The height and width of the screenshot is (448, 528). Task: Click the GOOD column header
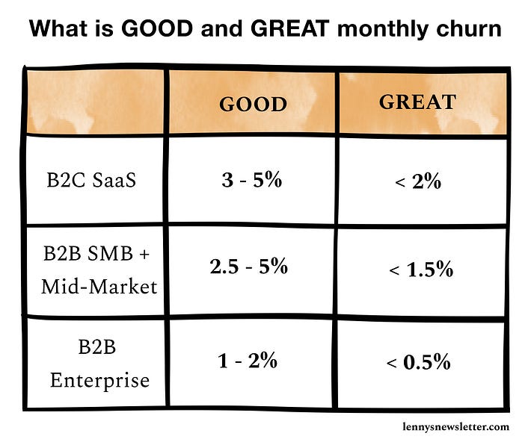pos(252,104)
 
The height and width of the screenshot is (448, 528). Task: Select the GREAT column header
pos(417,102)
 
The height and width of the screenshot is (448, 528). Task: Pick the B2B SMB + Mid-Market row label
pos(96,270)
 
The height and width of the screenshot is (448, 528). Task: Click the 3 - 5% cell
pos(251,180)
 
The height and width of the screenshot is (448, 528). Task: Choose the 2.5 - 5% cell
pos(249,267)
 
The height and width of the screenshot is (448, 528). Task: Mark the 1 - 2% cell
pos(248,361)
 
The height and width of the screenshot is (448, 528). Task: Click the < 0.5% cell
pos(418,363)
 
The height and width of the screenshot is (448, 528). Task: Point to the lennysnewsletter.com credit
pos(454,426)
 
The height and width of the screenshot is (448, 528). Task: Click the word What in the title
pos(58,31)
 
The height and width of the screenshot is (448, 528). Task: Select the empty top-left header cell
pos(94,102)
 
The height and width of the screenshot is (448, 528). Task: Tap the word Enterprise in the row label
pos(99,380)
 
